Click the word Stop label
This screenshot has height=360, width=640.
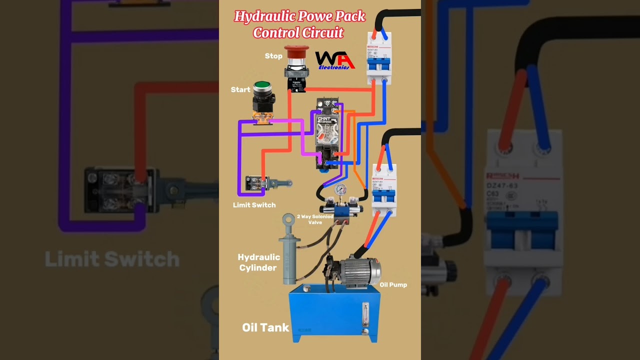click(x=273, y=56)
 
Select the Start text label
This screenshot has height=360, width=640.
click(x=240, y=90)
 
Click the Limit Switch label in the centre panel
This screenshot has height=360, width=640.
click(x=254, y=205)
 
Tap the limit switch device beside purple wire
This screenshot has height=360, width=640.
click(x=257, y=183)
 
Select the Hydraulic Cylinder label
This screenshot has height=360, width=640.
click(x=258, y=262)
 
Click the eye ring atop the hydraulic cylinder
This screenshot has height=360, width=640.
click(x=288, y=219)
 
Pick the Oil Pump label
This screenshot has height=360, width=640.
click(x=393, y=285)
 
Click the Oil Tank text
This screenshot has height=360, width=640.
click(x=265, y=327)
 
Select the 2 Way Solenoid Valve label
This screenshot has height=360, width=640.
click(x=315, y=219)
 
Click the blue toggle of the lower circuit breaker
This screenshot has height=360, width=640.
click(x=383, y=195)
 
